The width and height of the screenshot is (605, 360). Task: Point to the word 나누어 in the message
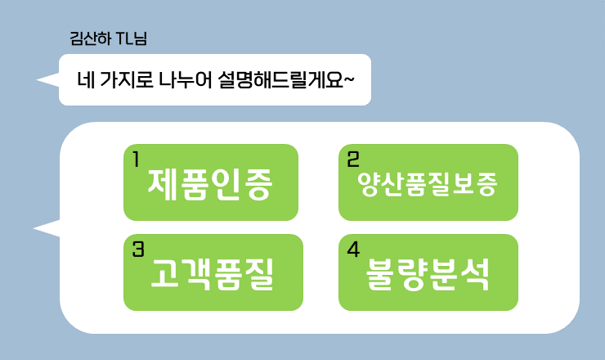(x=184, y=80)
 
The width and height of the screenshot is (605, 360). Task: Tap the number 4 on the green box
(x=353, y=249)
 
